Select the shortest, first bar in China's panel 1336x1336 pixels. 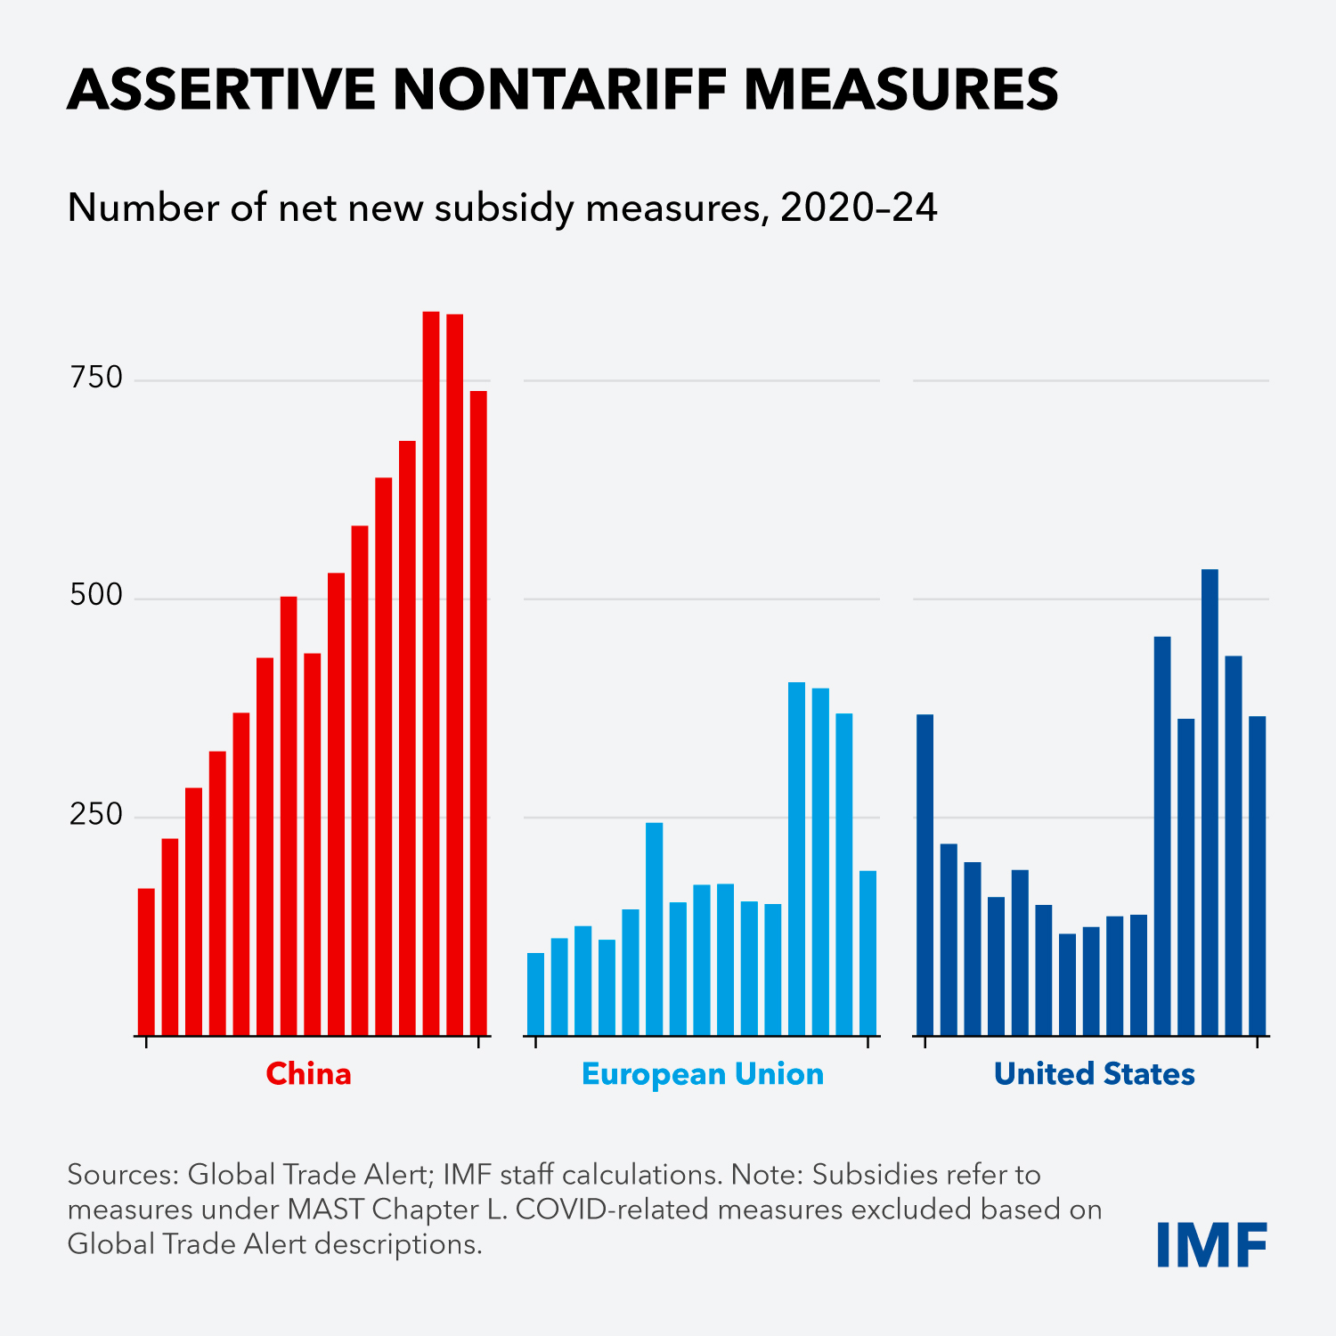[x=146, y=962]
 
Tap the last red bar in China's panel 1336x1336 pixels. [x=478, y=713]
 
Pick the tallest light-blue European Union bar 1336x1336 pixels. [x=796, y=859]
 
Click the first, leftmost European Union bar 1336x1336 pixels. [x=535, y=994]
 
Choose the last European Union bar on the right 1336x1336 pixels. [x=868, y=953]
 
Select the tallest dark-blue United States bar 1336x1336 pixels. [x=1210, y=802]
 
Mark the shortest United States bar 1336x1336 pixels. [x=1067, y=984]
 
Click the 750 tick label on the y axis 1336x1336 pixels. [x=96, y=379]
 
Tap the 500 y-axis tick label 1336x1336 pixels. [x=96, y=596]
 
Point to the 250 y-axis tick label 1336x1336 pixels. [x=96, y=814]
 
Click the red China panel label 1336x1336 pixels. [x=309, y=1074]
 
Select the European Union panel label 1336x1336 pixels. [x=702, y=1074]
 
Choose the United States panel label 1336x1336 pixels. [x=1094, y=1074]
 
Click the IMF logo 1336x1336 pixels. [x=1211, y=1245]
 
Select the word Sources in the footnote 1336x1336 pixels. [x=121, y=1175]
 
